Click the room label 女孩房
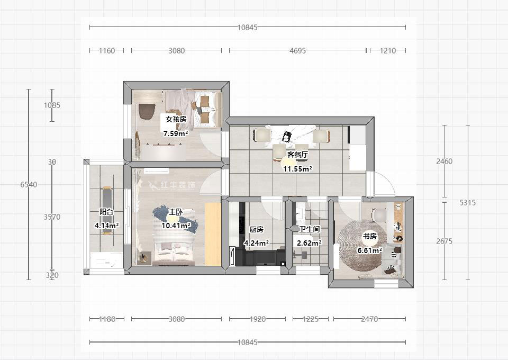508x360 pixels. [176, 119]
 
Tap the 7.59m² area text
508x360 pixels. [176, 133]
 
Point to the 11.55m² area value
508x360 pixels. [297, 169]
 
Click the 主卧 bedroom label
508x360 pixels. [176, 212]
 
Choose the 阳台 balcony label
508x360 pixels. [106, 212]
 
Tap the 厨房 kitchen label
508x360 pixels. [256, 230]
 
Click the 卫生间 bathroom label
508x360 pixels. [309, 230]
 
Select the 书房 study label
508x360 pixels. [369, 236]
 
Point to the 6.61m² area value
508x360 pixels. [369, 250]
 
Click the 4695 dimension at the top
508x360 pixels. [297, 51]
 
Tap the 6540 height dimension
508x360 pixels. [29, 185]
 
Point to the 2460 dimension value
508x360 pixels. [444, 161]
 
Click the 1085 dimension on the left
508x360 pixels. [52, 105]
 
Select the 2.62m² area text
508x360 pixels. [309, 243]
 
